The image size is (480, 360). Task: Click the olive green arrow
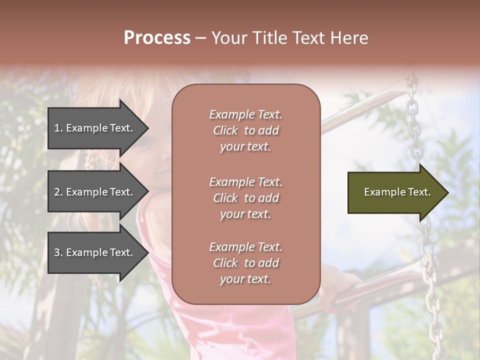click(x=395, y=192)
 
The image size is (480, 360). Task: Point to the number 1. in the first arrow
click(x=58, y=128)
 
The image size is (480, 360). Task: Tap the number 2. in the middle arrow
click(x=58, y=192)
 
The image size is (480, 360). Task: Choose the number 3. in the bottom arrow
click(x=58, y=253)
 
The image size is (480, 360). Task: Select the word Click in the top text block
click(x=225, y=131)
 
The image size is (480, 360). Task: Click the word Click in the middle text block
click(x=225, y=198)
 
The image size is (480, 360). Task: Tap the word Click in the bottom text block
click(x=225, y=263)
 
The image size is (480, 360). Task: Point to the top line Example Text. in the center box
click(x=245, y=114)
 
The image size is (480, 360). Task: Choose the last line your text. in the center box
click(x=245, y=279)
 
